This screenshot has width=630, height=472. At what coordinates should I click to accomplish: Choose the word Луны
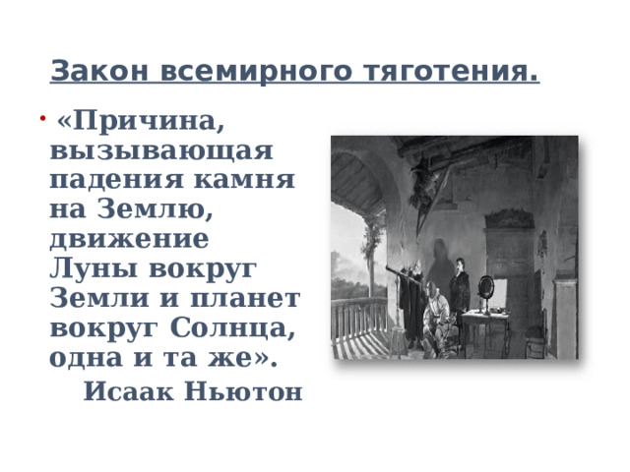(x=90, y=268)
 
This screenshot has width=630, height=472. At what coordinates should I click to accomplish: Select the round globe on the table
(x=486, y=287)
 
